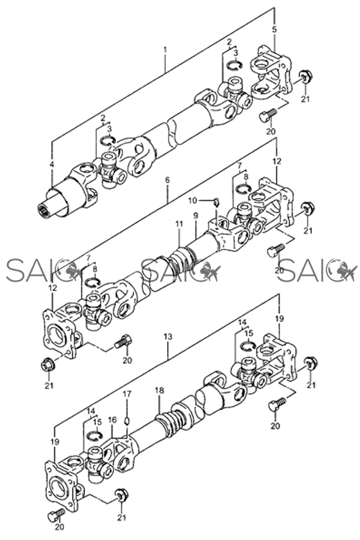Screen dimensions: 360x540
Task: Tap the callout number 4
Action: click(x=52, y=164)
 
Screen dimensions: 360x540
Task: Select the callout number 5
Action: click(x=274, y=30)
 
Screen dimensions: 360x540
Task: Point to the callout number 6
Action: click(x=168, y=180)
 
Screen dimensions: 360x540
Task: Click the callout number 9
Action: click(x=196, y=216)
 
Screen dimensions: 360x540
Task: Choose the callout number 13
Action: click(x=168, y=336)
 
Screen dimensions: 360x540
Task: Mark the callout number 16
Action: click(x=112, y=420)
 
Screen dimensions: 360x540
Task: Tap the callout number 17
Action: click(x=127, y=394)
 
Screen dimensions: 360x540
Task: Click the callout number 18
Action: click(x=159, y=390)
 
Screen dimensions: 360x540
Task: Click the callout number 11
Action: click(x=179, y=224)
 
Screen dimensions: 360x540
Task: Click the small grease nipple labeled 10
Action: click(x=216, y=202)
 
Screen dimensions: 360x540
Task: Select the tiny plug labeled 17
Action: click(x=127, y=421)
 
